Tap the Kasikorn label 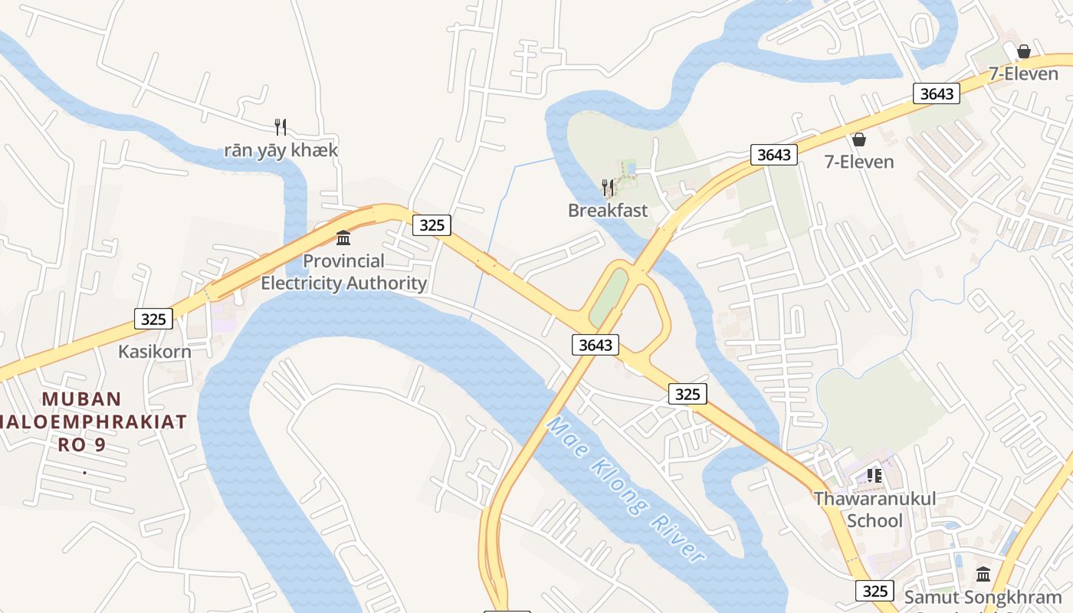(154, 351)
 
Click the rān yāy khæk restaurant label (281, 149)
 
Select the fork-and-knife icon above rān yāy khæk (281, 126)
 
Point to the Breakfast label (608, 210)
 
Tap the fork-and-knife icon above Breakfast (608, 187)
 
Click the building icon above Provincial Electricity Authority (343, 238)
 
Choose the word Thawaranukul (874, 498)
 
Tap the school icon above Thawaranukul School (874, 476)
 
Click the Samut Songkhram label (983, 597)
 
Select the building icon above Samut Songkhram (983, 574)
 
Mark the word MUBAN (82, 398)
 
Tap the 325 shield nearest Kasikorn (153, 319)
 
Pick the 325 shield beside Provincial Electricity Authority (431, 225)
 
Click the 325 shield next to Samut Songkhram (874, 591)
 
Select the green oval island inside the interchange (609, 297)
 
